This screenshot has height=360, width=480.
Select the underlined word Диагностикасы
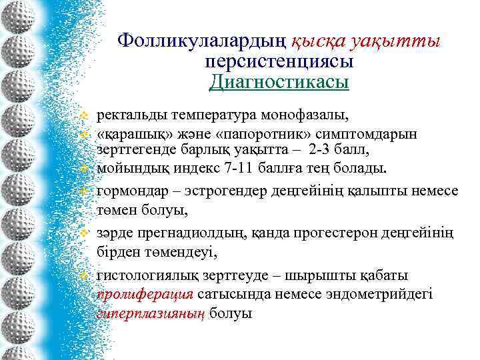point(279,82)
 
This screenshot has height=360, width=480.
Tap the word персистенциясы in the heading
point(279,62)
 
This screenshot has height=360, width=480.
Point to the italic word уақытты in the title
point(399,41)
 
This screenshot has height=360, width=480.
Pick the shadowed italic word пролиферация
point(145,294)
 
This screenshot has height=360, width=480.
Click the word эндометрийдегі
point(383,294)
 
